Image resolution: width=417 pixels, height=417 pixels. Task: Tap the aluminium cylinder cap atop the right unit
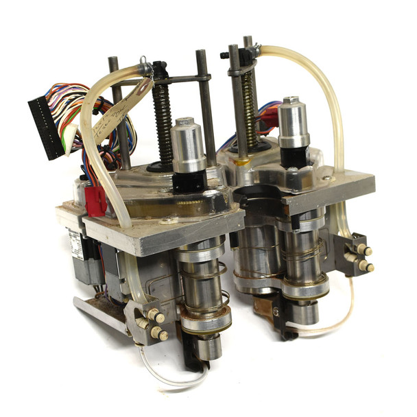[x=294, y=122]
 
